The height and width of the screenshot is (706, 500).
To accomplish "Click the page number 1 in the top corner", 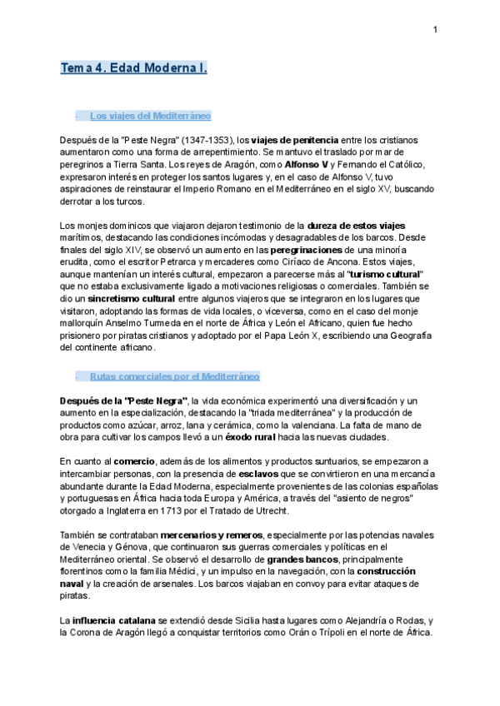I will (435, 31).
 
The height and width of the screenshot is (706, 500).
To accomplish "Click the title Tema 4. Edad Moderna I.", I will (133, 68).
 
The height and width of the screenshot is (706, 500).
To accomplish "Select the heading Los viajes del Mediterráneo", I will (150, 116).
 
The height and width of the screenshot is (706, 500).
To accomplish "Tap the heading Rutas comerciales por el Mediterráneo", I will (174, 376).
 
